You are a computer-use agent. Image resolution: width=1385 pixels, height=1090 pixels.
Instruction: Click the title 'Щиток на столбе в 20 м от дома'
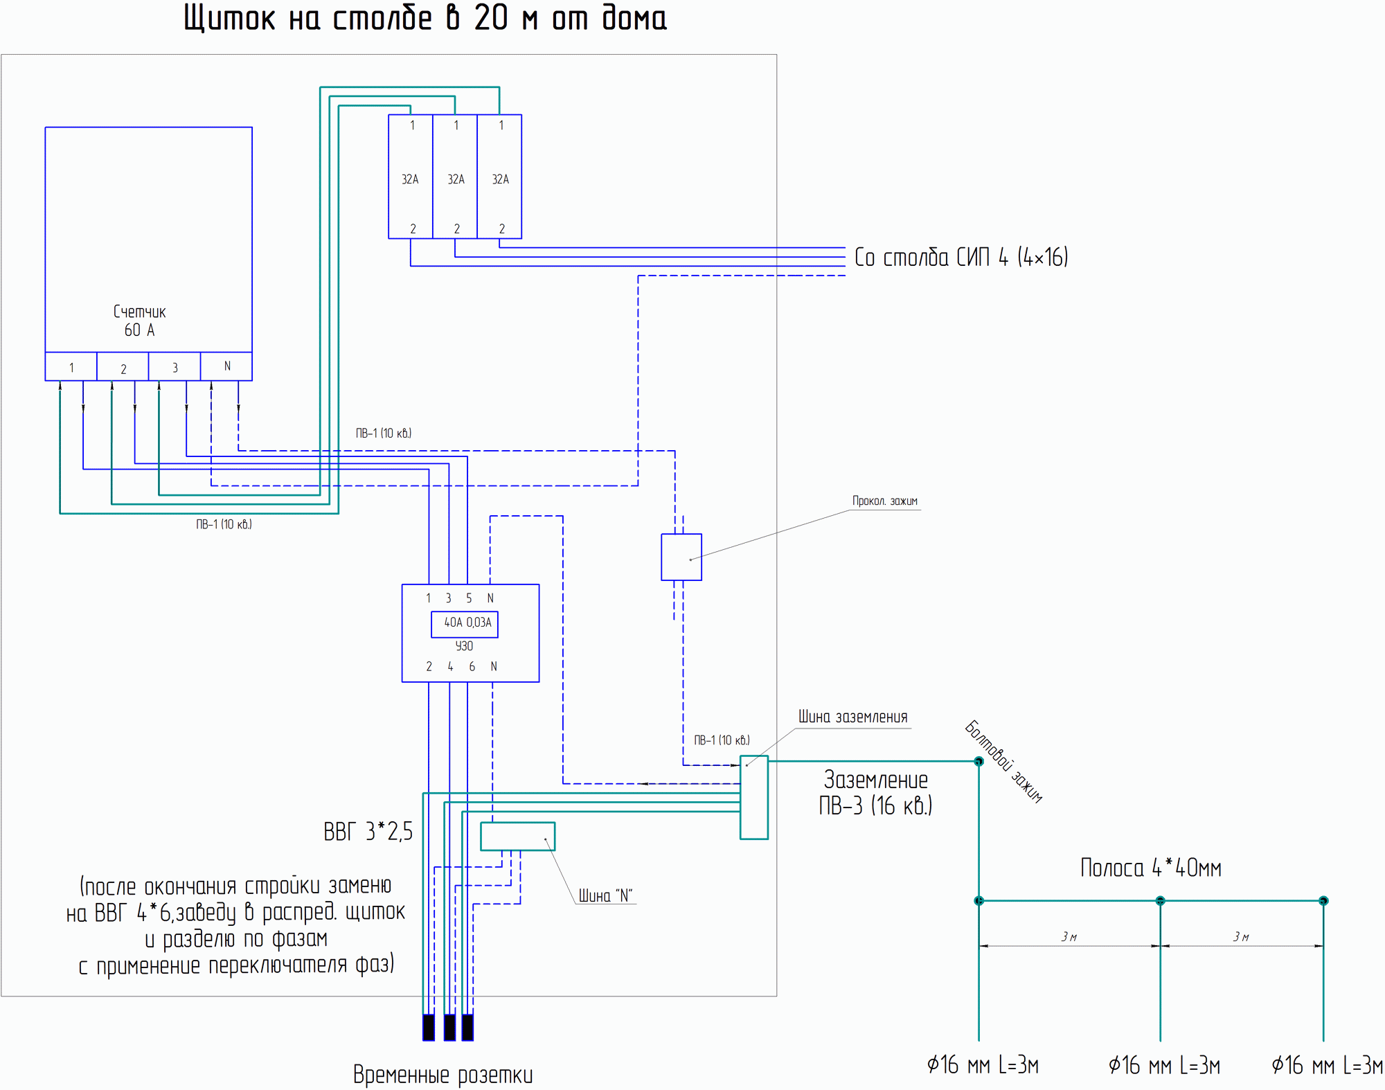pyautogui.click(x=425, y=18)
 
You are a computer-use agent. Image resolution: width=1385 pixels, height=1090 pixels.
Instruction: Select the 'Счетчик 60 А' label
pyautogui.click(x=140, y=321)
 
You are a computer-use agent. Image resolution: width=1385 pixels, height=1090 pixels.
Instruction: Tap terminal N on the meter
pyautogui.click(x=226, y=366)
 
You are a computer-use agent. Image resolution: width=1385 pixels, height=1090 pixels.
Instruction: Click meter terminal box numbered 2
pyautogui.click(x=123, y=366)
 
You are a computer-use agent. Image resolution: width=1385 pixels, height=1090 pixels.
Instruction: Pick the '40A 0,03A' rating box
pyautogui.click(x=465, y=624)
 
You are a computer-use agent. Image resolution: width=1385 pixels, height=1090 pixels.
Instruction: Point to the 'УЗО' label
pyautogui.click(x=464, y=646)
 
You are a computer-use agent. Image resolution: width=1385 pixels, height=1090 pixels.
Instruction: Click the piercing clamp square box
pyautogui.click(x=681, y=557)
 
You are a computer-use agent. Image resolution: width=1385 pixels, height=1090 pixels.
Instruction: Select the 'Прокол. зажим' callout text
pyautogui.click(x=885, y=501)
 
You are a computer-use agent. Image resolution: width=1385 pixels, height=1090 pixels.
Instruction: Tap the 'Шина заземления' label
pyautogui.click(x=853, y=717)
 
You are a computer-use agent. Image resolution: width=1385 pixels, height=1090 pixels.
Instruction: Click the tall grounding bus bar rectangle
pyautogui.click(x=754, y=798)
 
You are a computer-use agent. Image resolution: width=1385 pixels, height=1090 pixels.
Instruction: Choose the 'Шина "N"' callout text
pyautogui.click(x=606, y=895)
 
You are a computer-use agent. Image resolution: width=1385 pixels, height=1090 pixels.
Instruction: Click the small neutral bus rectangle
pyautogui.click(x=518, y=837)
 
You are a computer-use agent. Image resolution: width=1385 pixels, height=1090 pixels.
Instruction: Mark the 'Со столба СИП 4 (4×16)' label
pyautogui.click(x=961, y=257)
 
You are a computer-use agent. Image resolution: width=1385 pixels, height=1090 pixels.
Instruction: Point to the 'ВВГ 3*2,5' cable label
pyautogui.click(x=368, y=831)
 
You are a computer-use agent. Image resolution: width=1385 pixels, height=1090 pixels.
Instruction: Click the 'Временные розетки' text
pyautogui.click(x=443, y=1075)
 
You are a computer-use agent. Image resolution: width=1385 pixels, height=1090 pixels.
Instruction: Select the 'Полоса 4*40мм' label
pyautogui.click(x=1151, y=868)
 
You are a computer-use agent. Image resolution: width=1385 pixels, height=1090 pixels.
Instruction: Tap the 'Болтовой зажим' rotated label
pyautogui.click(x=1003, y=761)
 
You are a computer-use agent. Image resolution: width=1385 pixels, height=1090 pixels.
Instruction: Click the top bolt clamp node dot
pyautogui.click(x=979, y=762)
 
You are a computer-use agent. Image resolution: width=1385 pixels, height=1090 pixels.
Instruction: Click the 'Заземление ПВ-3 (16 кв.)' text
pyautogui.click(x=876, y=793)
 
